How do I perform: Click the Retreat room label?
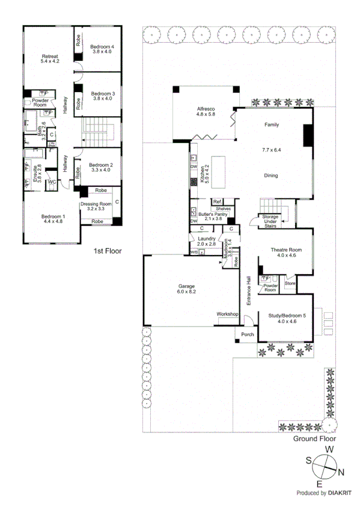point(50,56)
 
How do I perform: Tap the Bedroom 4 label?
point(102,47)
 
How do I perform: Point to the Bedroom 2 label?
point(101,165)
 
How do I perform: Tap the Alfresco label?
point(206,109)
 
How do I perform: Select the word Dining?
point(273,176)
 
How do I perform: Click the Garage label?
point(186,286)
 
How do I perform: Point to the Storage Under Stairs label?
point(268,221)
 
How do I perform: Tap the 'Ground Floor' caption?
point(313,438)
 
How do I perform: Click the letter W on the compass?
point(329,449)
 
